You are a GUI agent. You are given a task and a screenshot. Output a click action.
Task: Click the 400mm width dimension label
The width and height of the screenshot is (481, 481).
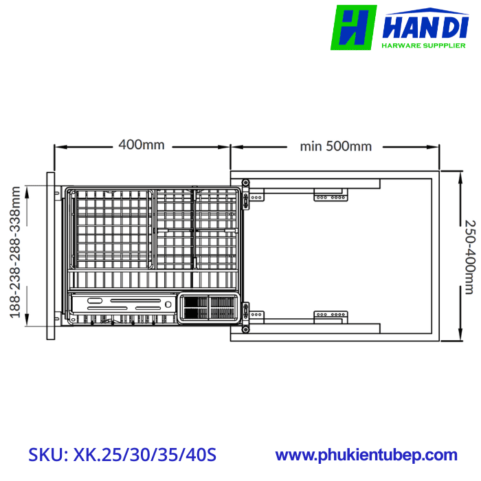pos(142,145)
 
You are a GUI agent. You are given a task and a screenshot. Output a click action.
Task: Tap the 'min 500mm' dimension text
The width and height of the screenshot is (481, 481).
pos(335,146)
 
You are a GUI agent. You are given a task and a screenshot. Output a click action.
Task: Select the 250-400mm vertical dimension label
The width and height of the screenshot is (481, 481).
pos(469,256)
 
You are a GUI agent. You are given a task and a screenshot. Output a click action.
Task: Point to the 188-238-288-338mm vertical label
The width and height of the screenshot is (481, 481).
pos(14,255)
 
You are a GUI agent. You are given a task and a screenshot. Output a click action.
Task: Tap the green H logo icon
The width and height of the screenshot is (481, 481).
pos(354,27)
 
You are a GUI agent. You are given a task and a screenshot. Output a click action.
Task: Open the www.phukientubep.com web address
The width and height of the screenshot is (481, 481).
pos(366,455)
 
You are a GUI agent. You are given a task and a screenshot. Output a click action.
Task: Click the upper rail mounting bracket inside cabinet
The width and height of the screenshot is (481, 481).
pos(331,197)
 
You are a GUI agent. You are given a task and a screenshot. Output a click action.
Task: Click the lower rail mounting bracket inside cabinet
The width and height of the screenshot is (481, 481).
pos(331,315)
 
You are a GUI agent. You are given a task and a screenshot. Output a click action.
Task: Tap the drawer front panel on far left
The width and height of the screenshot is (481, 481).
pos(51,255)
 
